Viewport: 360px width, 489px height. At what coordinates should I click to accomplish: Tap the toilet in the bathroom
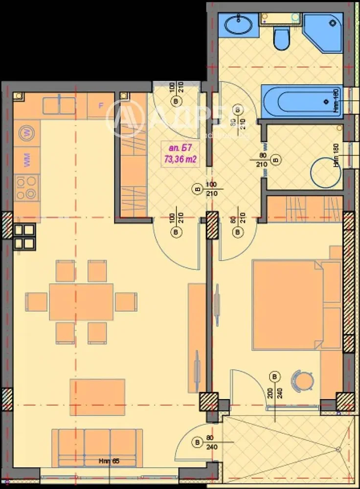pos(281,39)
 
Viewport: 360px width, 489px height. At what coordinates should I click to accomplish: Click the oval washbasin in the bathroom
pos(238,24)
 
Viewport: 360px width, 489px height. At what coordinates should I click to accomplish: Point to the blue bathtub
pos(301,102)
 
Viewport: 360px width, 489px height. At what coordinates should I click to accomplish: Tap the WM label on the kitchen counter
pos(26,158)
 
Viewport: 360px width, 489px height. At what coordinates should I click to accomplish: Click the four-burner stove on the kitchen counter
pos(26,187)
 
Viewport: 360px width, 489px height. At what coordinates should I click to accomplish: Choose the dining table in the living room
pos(81,302)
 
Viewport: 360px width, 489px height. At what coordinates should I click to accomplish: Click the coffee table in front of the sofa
pos(97,397)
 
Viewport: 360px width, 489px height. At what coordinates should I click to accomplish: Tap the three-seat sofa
pos(97,447)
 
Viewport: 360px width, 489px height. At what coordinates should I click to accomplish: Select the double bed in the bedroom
pos(289,305)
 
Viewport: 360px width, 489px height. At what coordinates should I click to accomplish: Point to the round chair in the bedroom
pos(301,380)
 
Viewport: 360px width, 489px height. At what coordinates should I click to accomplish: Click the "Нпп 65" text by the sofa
pos(109,461)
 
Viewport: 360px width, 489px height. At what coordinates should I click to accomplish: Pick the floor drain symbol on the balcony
pos(337,449)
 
